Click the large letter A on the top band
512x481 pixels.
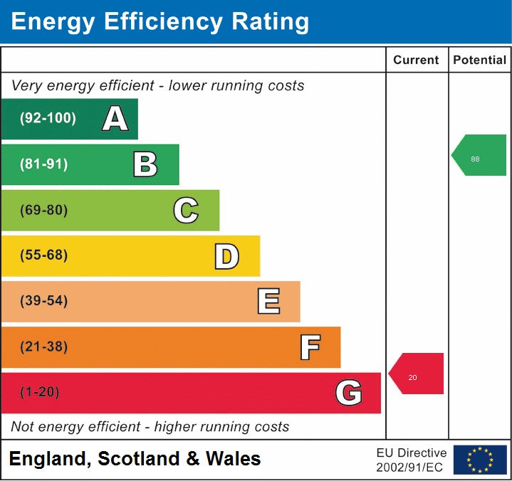coord(115,119)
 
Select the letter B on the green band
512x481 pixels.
coord(145,164)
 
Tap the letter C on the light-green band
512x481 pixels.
coord(186,210)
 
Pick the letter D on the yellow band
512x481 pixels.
coord(226,256)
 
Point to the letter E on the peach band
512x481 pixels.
coord(268,302)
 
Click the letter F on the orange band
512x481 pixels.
coord(310,347)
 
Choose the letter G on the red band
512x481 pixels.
coord(349,393)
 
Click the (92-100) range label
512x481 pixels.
coord(48,119)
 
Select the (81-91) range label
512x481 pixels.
coord(44,164)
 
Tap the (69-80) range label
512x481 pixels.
coord(44,210)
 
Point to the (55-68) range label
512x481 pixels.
coord(44,255)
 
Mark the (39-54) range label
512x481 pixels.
coord(44,301)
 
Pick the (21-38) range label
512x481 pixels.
coord(44,347)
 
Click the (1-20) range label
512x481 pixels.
coord(40,393)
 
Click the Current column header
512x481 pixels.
coord(417,60)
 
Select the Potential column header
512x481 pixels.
coord(480,60)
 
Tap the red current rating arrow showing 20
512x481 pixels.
coord(417,374)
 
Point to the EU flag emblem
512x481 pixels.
coord(480,460)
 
